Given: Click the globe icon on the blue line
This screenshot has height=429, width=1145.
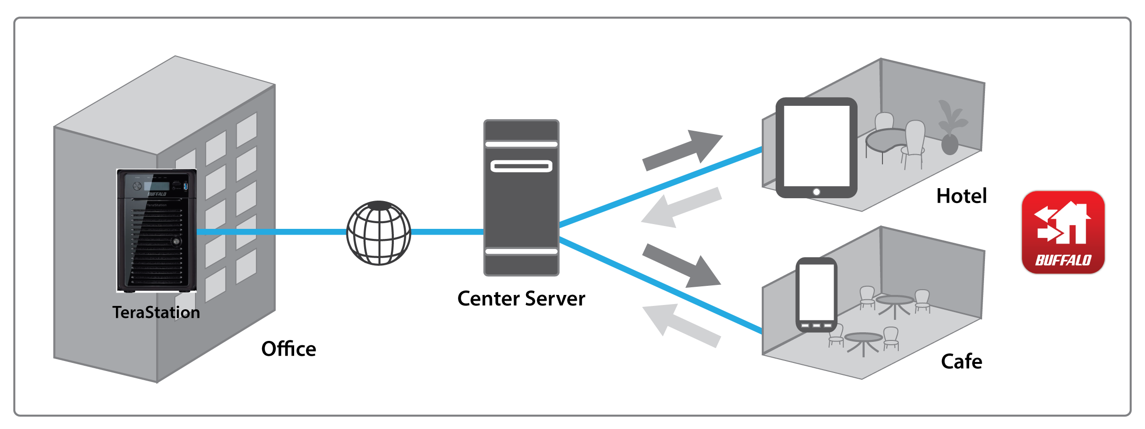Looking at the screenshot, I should coord(378,233).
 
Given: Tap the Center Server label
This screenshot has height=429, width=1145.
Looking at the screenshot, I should coord(521,299).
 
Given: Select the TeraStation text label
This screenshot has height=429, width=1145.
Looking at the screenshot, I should coord(156,312).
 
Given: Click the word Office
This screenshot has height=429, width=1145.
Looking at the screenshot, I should coord(288,349).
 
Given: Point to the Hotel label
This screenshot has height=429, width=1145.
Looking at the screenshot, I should coord(962,196).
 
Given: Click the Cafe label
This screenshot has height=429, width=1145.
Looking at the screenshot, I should coord(961,361).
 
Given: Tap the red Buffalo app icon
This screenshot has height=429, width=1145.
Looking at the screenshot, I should coord(1063,233).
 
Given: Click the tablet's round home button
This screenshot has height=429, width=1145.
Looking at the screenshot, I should coord(816,192).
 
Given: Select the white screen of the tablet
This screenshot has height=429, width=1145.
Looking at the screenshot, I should coord(816,146).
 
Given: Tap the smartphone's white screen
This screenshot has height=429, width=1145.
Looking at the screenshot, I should coord(816,292).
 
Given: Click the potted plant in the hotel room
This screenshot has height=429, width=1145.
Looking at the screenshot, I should coord(950,129).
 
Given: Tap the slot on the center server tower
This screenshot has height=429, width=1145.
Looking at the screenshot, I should coord(521,166).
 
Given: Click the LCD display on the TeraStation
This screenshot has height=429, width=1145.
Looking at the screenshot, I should coord(157,186).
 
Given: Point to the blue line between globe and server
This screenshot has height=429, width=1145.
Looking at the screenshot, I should coord(447,232).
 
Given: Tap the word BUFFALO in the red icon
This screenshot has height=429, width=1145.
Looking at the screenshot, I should coord(1063,260).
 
